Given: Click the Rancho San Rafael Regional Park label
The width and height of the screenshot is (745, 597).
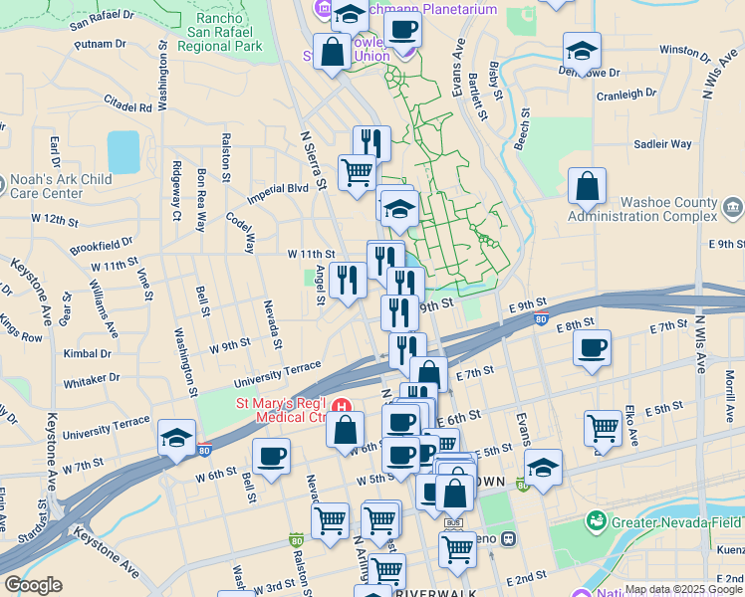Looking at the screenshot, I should (225, 32).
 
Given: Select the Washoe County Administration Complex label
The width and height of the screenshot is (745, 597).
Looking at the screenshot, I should (641, 209).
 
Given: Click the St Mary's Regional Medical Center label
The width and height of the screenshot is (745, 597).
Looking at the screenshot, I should (282, 411).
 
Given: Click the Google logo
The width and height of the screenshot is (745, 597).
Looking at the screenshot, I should (32, 585).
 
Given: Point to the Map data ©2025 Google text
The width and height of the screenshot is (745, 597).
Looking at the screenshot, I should (683, 589).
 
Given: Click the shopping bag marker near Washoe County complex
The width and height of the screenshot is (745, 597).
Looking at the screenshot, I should (588, 185).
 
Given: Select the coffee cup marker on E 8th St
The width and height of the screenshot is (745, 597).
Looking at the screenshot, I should (592, 348).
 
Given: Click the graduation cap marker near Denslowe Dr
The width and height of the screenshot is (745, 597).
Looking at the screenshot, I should (582, 50).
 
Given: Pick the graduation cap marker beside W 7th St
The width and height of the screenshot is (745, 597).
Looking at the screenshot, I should (176, 438).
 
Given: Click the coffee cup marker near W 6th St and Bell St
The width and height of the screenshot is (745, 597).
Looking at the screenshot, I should (271, 458).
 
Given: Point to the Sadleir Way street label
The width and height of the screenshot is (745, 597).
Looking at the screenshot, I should (663, 144).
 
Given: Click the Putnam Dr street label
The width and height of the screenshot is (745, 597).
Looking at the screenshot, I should (100, 44).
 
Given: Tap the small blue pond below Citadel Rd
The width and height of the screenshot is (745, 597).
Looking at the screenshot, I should (124, 151).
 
